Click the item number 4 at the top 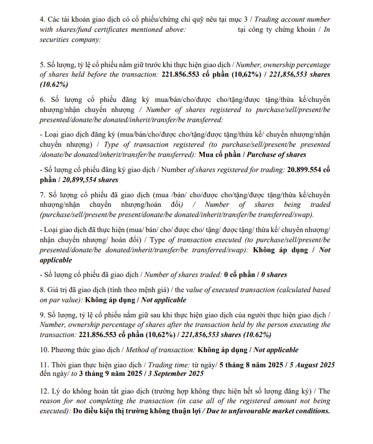42,19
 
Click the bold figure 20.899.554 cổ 308,170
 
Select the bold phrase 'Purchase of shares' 277,155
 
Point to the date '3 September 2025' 173,374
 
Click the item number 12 44,391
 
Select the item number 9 42,315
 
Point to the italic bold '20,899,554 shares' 90,180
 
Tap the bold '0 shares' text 274,275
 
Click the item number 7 42,195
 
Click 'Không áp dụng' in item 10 221,350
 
